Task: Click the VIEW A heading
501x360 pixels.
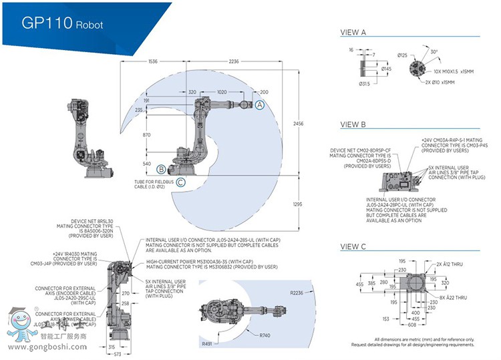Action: (x=353, y=31)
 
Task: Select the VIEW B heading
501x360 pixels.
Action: (x=353, y=124)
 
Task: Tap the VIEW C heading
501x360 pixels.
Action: (x=353, y=246)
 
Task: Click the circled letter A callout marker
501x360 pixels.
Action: (x=261, y=104)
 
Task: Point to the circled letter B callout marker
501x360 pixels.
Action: (x=161, y=168)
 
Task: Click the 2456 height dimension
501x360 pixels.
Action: (x=299, y=124)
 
